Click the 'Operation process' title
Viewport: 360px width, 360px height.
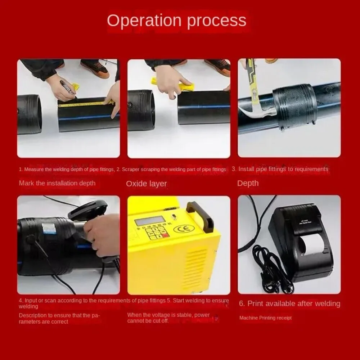coord(177,21)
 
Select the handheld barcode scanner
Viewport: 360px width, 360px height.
coord(86,212)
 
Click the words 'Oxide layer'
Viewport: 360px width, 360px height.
coord(146,184)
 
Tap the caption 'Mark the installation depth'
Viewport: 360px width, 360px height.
coord(57,183)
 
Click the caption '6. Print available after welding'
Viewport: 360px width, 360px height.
coord(289,303)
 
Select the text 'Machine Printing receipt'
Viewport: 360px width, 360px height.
coord(265,318)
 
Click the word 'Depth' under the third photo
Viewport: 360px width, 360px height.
coord(248,183)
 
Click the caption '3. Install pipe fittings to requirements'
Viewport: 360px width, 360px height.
coord(280,169)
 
